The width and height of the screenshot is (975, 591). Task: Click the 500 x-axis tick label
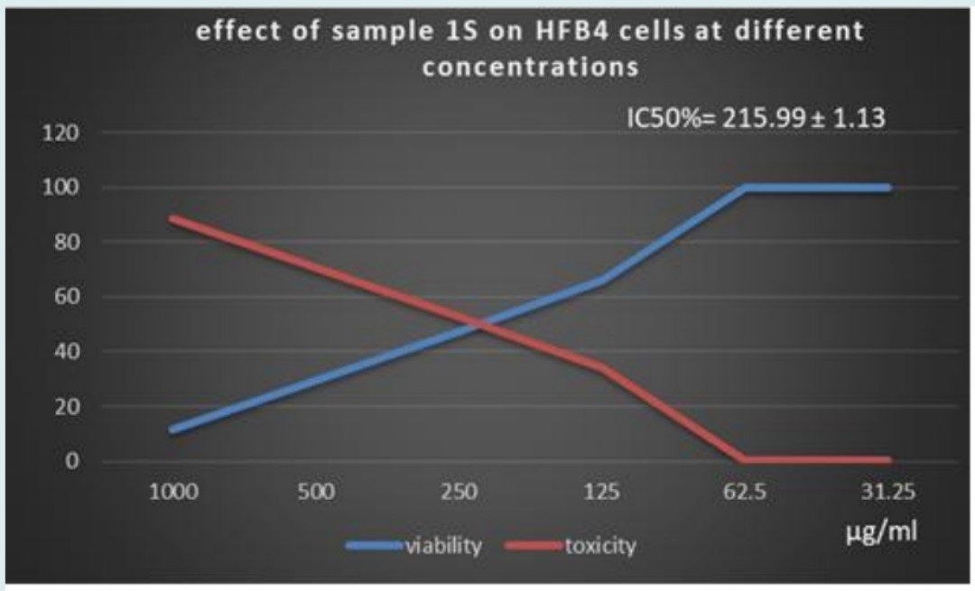click(x=316, y=493)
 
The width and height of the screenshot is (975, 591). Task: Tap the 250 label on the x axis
click(x=460, y=493)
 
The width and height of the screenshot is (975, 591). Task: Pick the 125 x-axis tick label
click(x=603, y=493)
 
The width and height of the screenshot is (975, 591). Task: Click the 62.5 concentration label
click(x=746, y=493)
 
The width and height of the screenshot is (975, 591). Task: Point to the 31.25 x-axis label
click(x=889, y=493)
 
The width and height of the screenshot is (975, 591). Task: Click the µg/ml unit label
click(x=882, y=531)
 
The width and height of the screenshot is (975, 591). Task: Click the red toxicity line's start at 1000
click(x=172, y=218)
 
